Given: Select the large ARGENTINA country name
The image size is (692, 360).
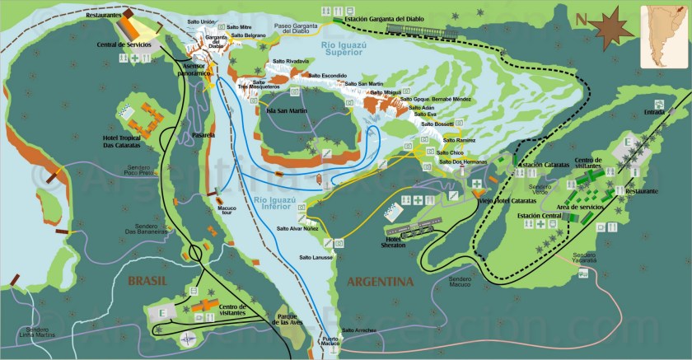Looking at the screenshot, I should pos(380,282).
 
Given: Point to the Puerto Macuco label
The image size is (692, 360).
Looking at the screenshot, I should pos(331,344).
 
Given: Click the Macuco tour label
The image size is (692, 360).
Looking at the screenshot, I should pos(227,212).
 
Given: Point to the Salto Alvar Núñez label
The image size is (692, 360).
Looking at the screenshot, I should pos(296,228).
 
